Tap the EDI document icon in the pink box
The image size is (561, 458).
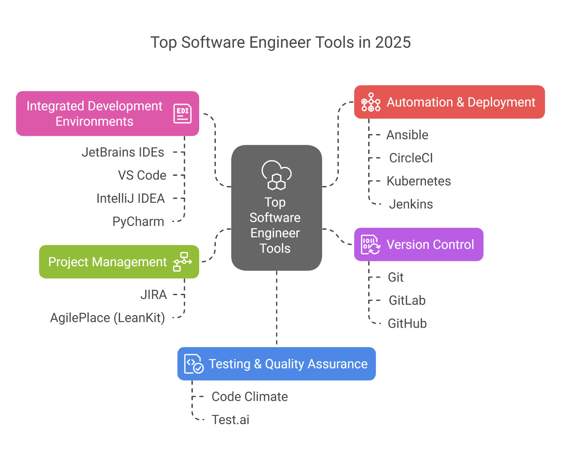[x=182, y=113]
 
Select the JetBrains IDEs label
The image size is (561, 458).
[x=123, y=152]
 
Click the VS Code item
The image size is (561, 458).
[x=142, y=175]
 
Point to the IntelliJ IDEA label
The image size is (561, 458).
[x=130, y=198]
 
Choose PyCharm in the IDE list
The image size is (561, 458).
[x=138, y=222]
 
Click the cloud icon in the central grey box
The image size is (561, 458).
[x=276, y=175]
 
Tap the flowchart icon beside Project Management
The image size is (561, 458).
[x=182, y=262]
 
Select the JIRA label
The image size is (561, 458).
[x=154, y=295]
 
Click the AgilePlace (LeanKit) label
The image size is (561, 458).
[x=107, y=318]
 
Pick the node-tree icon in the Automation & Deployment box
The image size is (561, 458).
[x=371, y=102]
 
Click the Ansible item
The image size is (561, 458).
[x=407, y=135]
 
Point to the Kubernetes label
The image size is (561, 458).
[x=419, y=181]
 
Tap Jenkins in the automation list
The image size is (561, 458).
[x=411, y=204]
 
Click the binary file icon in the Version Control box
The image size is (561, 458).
[x=370, y=244]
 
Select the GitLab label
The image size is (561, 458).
[x=407, y=301]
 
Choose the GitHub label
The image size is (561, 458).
[x=407, y=323]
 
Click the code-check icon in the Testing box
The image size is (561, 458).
[x=194, y=364]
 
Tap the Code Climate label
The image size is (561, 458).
[x=250, y=397]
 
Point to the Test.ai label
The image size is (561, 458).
[x=230, y=420]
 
